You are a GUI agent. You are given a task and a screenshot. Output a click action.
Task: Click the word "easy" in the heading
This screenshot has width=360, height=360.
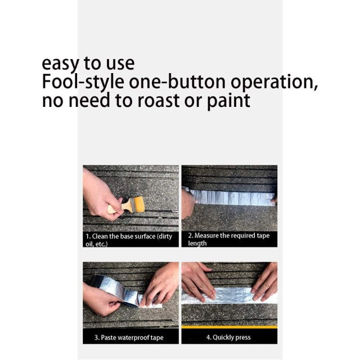coord(60,64)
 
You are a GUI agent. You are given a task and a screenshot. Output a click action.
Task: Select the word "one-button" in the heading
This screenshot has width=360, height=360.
coord(177,82)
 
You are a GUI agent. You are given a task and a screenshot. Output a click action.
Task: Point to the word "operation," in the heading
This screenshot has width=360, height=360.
coord(274,83)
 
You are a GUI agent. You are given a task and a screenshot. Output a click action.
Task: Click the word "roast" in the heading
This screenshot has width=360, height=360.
coord(159,101)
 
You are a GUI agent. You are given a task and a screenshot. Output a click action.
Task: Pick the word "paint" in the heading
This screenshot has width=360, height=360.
coord(228,101)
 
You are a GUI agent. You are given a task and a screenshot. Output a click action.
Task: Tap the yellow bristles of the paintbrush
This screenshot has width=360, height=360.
coord(137,204)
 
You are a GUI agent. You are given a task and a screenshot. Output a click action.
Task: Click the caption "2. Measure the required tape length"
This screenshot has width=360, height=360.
coord(229,240)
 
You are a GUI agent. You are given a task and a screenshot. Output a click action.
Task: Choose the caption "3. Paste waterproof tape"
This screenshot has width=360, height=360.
coord(129,337)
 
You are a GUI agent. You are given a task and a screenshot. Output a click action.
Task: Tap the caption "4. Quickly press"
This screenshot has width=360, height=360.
coord(228,337)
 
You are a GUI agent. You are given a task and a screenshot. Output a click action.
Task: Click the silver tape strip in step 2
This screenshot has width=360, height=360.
coord(232,197)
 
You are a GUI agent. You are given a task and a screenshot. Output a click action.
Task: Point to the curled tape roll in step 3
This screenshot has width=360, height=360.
coord(115,290)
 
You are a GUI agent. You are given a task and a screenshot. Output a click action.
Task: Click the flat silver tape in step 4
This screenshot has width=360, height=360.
coord(229,296)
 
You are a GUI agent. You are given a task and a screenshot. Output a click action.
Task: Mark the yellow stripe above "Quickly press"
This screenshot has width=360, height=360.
coord(229,327)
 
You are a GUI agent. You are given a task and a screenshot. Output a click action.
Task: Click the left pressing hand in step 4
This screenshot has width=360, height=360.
coord(198,281)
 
